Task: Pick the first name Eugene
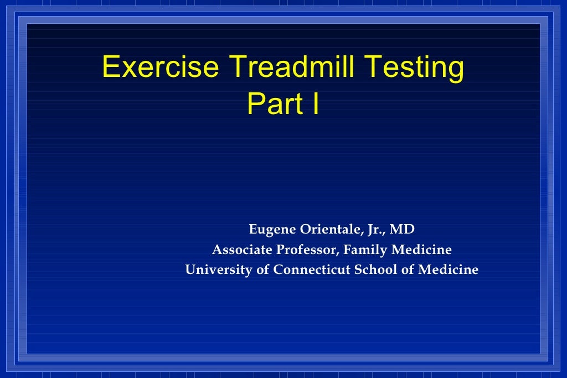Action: [x=271, y=230]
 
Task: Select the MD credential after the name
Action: [x=403, y=230]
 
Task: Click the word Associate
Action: [x=242, y=250]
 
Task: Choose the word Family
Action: [x=365, y=250]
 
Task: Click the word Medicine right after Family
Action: [x=421, y=250]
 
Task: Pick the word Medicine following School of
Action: [x=448, y=270]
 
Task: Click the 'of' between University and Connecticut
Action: [x=261, y=270]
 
